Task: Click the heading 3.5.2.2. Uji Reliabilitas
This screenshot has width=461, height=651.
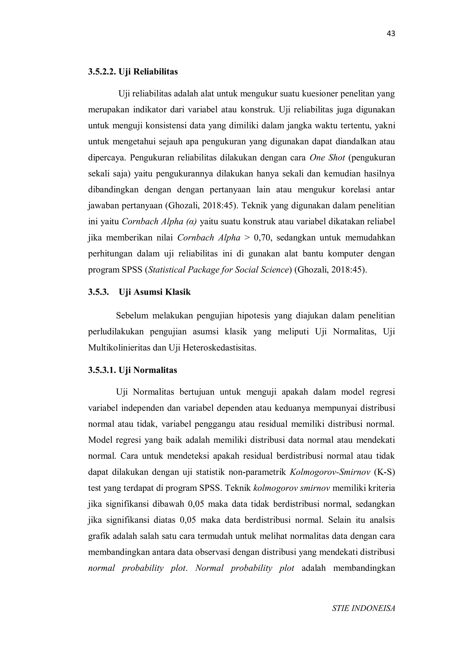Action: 133,72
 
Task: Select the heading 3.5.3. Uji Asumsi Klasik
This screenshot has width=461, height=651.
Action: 139,292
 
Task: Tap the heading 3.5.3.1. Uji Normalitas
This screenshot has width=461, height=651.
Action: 133,370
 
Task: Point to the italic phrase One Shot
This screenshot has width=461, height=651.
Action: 327,158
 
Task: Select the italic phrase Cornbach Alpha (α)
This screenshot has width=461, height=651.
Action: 159,221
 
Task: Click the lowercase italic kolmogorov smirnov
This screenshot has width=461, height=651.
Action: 291,488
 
